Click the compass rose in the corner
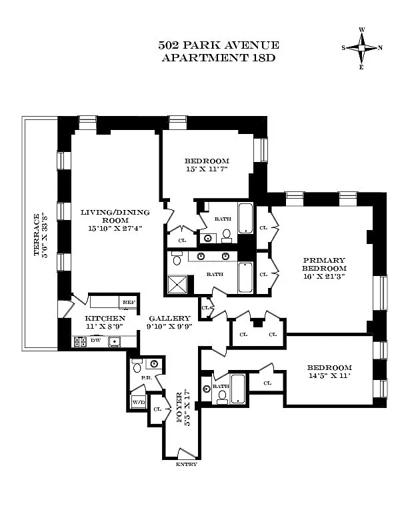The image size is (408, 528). [362, 48]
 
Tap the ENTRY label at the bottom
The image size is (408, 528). [187, 465]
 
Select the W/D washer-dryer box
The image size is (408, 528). [139, 401]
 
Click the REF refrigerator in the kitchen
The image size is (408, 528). [129, 302]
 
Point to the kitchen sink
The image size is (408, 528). [115, 341]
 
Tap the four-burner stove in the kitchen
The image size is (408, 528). [80, 342]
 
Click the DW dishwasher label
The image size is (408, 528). [95, 341]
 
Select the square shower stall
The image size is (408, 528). [177, 285]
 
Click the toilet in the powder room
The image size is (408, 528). [137, 366]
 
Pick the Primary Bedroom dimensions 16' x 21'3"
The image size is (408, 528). [324, 277]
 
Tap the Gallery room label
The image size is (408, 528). [169, 318]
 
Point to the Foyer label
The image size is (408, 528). [179, 407]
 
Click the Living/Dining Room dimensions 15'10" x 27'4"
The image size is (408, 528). [115, 228]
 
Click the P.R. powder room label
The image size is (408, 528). [147, 378]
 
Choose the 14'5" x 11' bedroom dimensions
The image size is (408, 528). [329, 375]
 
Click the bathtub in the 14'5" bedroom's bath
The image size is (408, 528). [237, 388]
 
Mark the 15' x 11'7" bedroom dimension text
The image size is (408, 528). [207, 169]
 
